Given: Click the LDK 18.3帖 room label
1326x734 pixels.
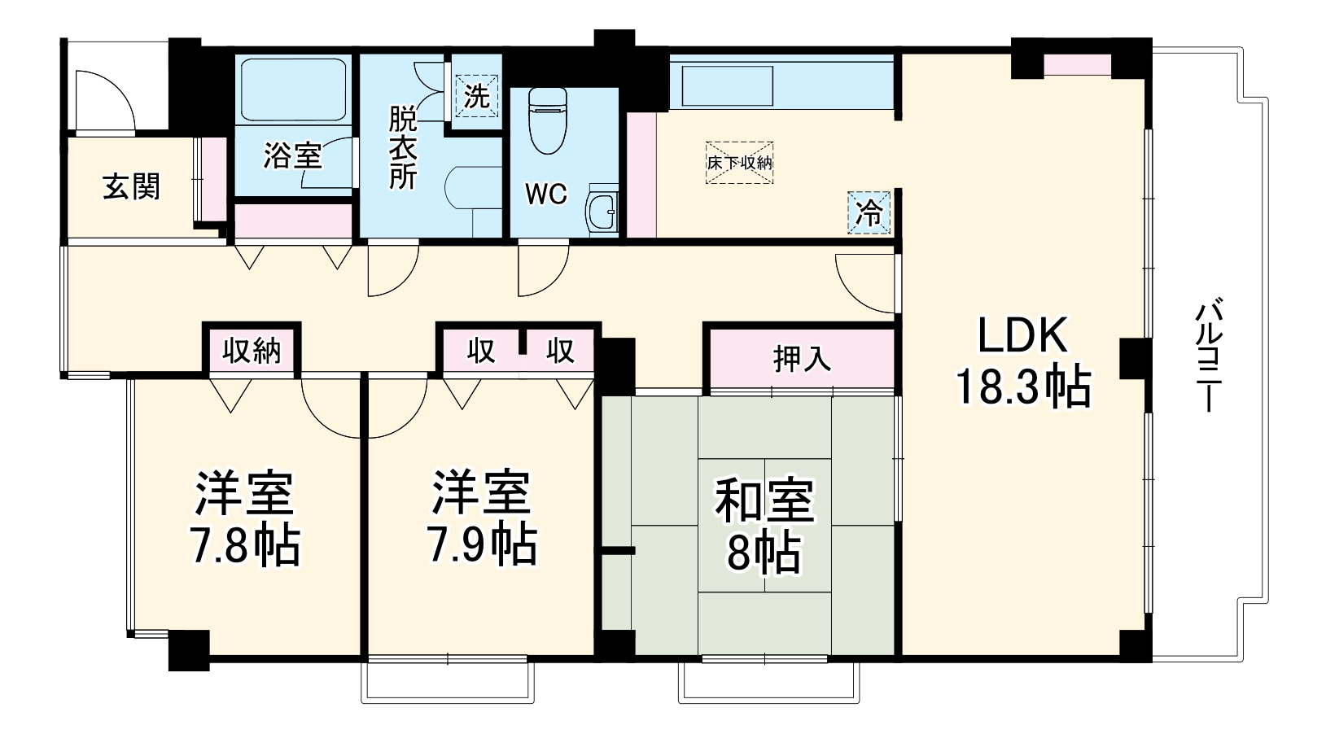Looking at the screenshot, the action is [x=1023, y=361].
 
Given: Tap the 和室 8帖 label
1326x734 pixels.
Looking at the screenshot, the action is [x=764, y=526].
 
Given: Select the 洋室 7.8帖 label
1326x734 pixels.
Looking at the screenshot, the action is [x=244, y=518].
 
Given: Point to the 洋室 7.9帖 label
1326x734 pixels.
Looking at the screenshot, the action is [x=482, y=518].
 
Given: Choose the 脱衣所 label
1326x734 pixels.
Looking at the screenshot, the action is [x=403, y=148].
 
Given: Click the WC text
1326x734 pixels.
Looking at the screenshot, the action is [x=546, y=194].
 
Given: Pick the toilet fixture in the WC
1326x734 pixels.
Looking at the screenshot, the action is [x=548, y=120].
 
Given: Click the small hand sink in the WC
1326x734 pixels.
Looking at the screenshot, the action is [x=602, y=211].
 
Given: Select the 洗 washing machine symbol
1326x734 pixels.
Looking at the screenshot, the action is [x=476, y=96].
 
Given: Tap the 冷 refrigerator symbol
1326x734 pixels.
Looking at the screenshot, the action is [x=869, y=212].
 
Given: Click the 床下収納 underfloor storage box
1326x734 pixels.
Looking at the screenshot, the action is [x=739, y=162].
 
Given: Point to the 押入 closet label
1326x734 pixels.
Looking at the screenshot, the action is [x=802, y=358].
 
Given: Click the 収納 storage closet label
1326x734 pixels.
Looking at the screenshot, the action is [x=252, y=352].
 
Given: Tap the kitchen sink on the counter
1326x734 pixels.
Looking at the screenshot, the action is [x=728, y=86].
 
